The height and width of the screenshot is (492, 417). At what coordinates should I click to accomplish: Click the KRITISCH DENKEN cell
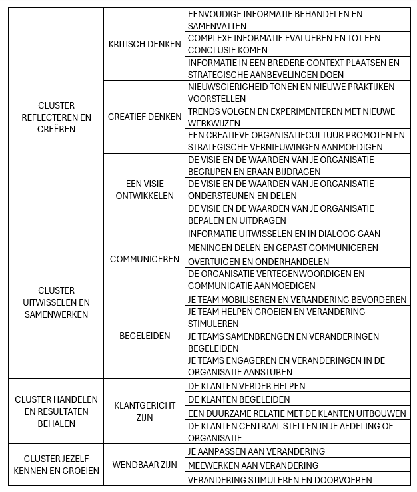144,44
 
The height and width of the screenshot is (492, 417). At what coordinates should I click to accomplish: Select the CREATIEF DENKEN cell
144,117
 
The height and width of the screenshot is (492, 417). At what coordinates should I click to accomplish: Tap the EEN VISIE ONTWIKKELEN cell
144,190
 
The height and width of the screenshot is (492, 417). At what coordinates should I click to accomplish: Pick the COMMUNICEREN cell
144,259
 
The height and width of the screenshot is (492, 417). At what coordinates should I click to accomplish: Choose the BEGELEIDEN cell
144,336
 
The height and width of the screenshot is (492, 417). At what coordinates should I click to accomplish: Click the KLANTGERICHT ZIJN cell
144,411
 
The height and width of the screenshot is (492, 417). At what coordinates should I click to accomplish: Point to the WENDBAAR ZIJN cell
144,465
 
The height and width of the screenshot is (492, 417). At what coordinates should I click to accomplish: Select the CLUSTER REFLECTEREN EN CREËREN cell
56,117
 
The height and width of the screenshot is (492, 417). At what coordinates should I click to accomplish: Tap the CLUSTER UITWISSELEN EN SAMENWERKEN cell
56,302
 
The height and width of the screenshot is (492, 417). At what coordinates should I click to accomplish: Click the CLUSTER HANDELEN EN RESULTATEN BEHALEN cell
56,411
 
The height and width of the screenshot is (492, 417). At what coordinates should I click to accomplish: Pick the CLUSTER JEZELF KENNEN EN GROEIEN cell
56,465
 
